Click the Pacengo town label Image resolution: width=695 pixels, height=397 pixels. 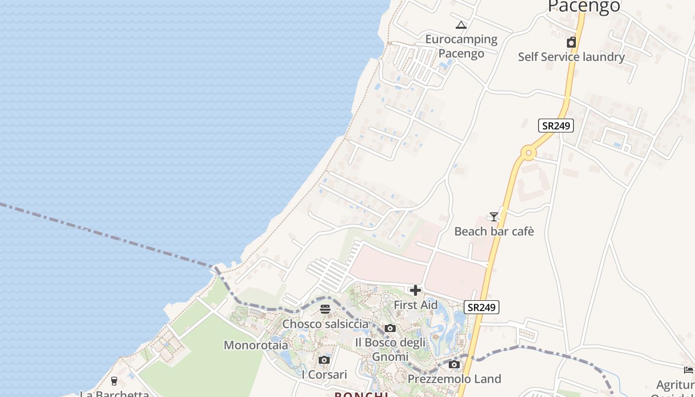584,6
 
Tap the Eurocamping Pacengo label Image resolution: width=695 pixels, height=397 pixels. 461,46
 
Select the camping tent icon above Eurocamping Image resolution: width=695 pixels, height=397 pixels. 461,25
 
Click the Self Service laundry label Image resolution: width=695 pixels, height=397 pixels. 571,57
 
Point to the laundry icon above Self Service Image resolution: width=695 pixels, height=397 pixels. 571,42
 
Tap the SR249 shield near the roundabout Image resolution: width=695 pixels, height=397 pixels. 556,126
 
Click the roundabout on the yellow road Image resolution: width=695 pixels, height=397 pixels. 528,153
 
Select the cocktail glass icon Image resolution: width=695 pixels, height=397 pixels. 493,216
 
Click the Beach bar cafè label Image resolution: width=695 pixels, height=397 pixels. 494,231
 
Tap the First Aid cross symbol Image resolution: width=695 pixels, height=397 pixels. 416,290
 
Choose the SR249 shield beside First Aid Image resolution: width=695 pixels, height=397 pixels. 482,307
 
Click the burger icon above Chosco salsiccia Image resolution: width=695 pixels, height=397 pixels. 325,309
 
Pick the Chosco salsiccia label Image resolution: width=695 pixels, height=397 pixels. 325,324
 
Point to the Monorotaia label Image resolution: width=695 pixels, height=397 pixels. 256,345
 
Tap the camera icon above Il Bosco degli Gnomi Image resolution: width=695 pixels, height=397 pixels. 390,328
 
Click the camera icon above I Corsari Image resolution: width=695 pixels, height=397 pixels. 324,360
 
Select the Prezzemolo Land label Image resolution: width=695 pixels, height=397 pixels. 454,379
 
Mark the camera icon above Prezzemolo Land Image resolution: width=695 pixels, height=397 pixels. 454,365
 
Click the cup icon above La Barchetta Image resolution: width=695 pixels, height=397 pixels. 114,381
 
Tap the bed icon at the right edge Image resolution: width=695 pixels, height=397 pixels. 688,370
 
